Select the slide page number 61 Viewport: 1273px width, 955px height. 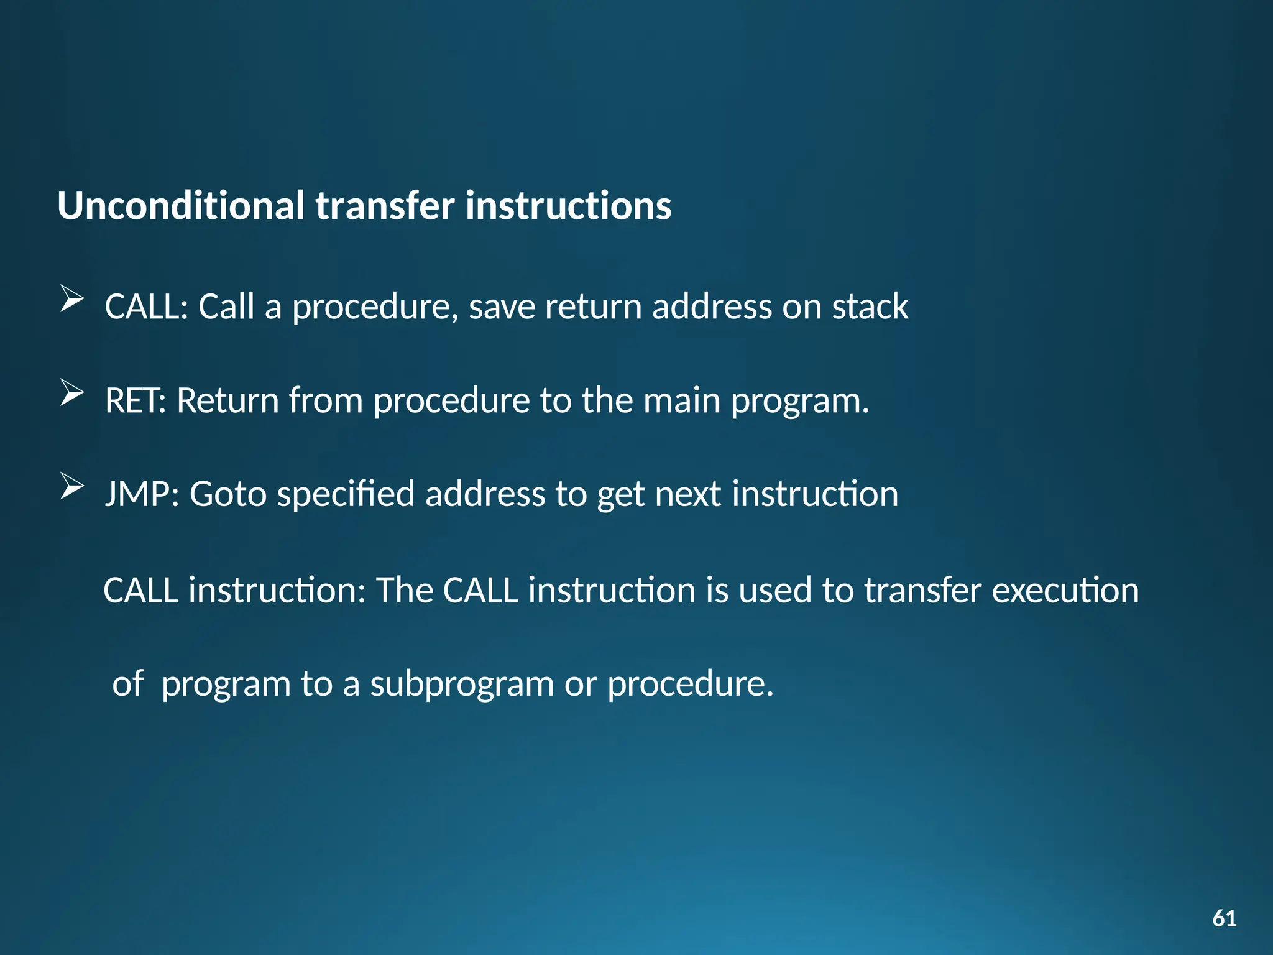click(1224, 918)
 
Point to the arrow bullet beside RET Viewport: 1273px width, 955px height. click(72, 393)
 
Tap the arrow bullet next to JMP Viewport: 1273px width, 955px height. click(72, 486)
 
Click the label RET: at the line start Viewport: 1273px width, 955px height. click(136, 400)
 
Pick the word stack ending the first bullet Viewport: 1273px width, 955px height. click(870, 307)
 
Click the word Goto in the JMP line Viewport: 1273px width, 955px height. click(227, 494)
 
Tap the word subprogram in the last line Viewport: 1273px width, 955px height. click(462, 684)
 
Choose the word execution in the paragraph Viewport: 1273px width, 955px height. click(1065, 590)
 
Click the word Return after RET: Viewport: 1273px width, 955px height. click(227, 400)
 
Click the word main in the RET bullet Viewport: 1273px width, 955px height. click(681, 400)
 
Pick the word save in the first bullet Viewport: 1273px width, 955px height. click(501, 307)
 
